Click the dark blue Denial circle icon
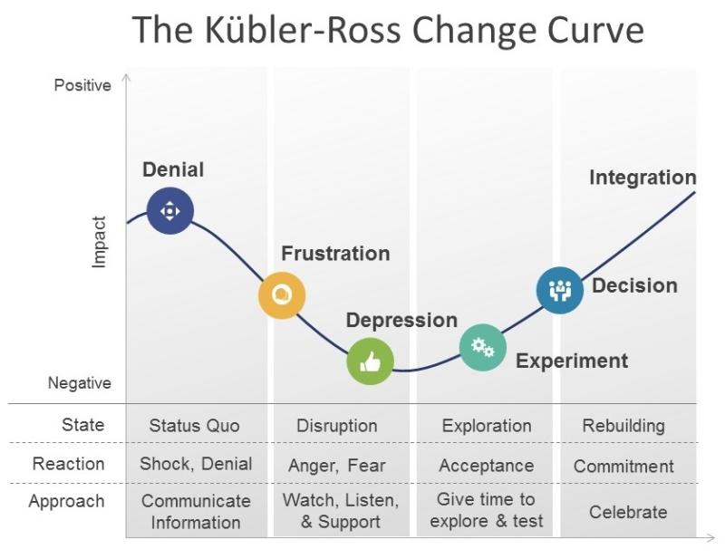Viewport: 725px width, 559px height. click(170, 211)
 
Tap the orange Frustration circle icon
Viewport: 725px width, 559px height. click(282, 295)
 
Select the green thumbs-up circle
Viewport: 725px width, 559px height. click(371, 361)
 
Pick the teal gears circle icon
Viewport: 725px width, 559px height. click(483, 347)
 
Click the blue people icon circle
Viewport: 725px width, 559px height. click(560, 290)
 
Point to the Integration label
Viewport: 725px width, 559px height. click(643, 178)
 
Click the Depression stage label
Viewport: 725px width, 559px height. click(401, 320)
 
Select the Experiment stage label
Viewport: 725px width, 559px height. click(572, 361)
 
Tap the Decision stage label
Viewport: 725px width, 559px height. click(635, 285)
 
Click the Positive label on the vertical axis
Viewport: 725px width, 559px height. click(82, 85)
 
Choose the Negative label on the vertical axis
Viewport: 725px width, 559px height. click(80, 383)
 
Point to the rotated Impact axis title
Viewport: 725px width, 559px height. click(99, 242)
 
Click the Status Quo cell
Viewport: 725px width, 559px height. click(194, 426)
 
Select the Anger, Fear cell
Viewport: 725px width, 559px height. click(336, 466)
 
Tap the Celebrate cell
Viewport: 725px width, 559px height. click(628, 512)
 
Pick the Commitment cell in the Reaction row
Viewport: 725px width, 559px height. click(623, 466)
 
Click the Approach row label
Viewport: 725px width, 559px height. click(66, 502)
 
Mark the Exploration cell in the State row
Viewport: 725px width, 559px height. click(487, 426)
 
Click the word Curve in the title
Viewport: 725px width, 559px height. click(596, 30)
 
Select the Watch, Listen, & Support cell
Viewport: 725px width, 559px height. click(341, 511)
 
